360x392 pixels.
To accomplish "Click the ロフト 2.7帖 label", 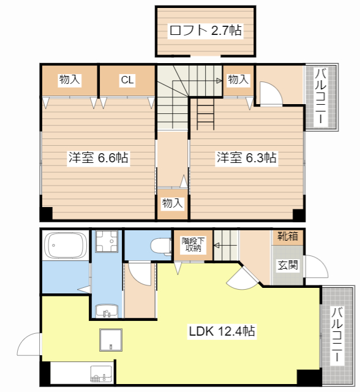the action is (x=205, y=30).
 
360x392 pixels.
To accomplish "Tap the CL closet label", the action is (x=127, y=80).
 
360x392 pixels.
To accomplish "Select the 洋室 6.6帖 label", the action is (x=99, y=158).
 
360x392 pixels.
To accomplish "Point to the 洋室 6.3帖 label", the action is (x=246, y=158).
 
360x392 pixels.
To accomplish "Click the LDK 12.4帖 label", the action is (x=222, y=331).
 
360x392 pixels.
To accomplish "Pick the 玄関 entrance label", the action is (x=288, y=265).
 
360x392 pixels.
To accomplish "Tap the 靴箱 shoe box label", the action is (x=288, y=236).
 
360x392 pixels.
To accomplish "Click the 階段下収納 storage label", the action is (x=193, y=244).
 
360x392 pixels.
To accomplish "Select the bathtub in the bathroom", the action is (x=66, y=245).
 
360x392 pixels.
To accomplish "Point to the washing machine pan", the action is (x=107, y=241).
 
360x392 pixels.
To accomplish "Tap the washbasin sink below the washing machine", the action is (x=107, y=311).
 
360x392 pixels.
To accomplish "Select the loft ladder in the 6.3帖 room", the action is (x=205, y=113).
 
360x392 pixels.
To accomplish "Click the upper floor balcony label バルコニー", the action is (x=321, y=96).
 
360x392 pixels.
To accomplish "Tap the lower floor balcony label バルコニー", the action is (x=337, y=334).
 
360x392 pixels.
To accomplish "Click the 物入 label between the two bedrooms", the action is (x=173, y=203).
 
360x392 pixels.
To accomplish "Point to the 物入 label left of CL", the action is (x=69, y=80).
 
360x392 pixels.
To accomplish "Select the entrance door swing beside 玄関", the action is (x=316, y=266).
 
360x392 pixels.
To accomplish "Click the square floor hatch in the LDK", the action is (x=111, y=340).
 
